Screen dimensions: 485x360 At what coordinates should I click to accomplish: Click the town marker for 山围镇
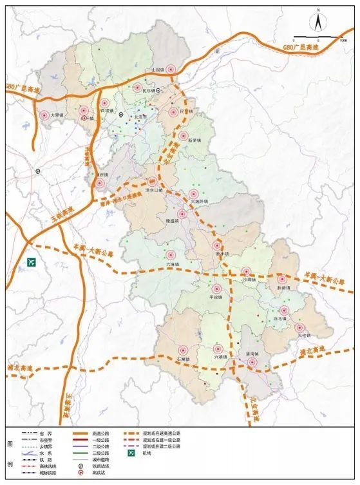[x=171, y=69]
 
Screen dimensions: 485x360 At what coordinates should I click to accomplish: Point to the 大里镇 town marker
[x=44, y=116]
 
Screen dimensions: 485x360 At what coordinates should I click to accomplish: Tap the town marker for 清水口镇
[x=153, y=182]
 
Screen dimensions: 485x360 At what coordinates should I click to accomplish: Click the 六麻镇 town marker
[x=171, y=254]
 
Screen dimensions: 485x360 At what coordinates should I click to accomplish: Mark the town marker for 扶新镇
[x=281, y=280]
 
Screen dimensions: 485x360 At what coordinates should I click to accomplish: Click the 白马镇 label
[x=279, y=318]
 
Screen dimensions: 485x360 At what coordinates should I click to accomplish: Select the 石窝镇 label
[x=184, y=359]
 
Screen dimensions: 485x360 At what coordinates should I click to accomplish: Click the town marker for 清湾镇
[x=253, y=363]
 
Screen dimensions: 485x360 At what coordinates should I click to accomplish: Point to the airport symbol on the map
[x=32, y=263]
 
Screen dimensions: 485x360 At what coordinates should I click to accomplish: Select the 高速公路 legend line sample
[x=80, y=433]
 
